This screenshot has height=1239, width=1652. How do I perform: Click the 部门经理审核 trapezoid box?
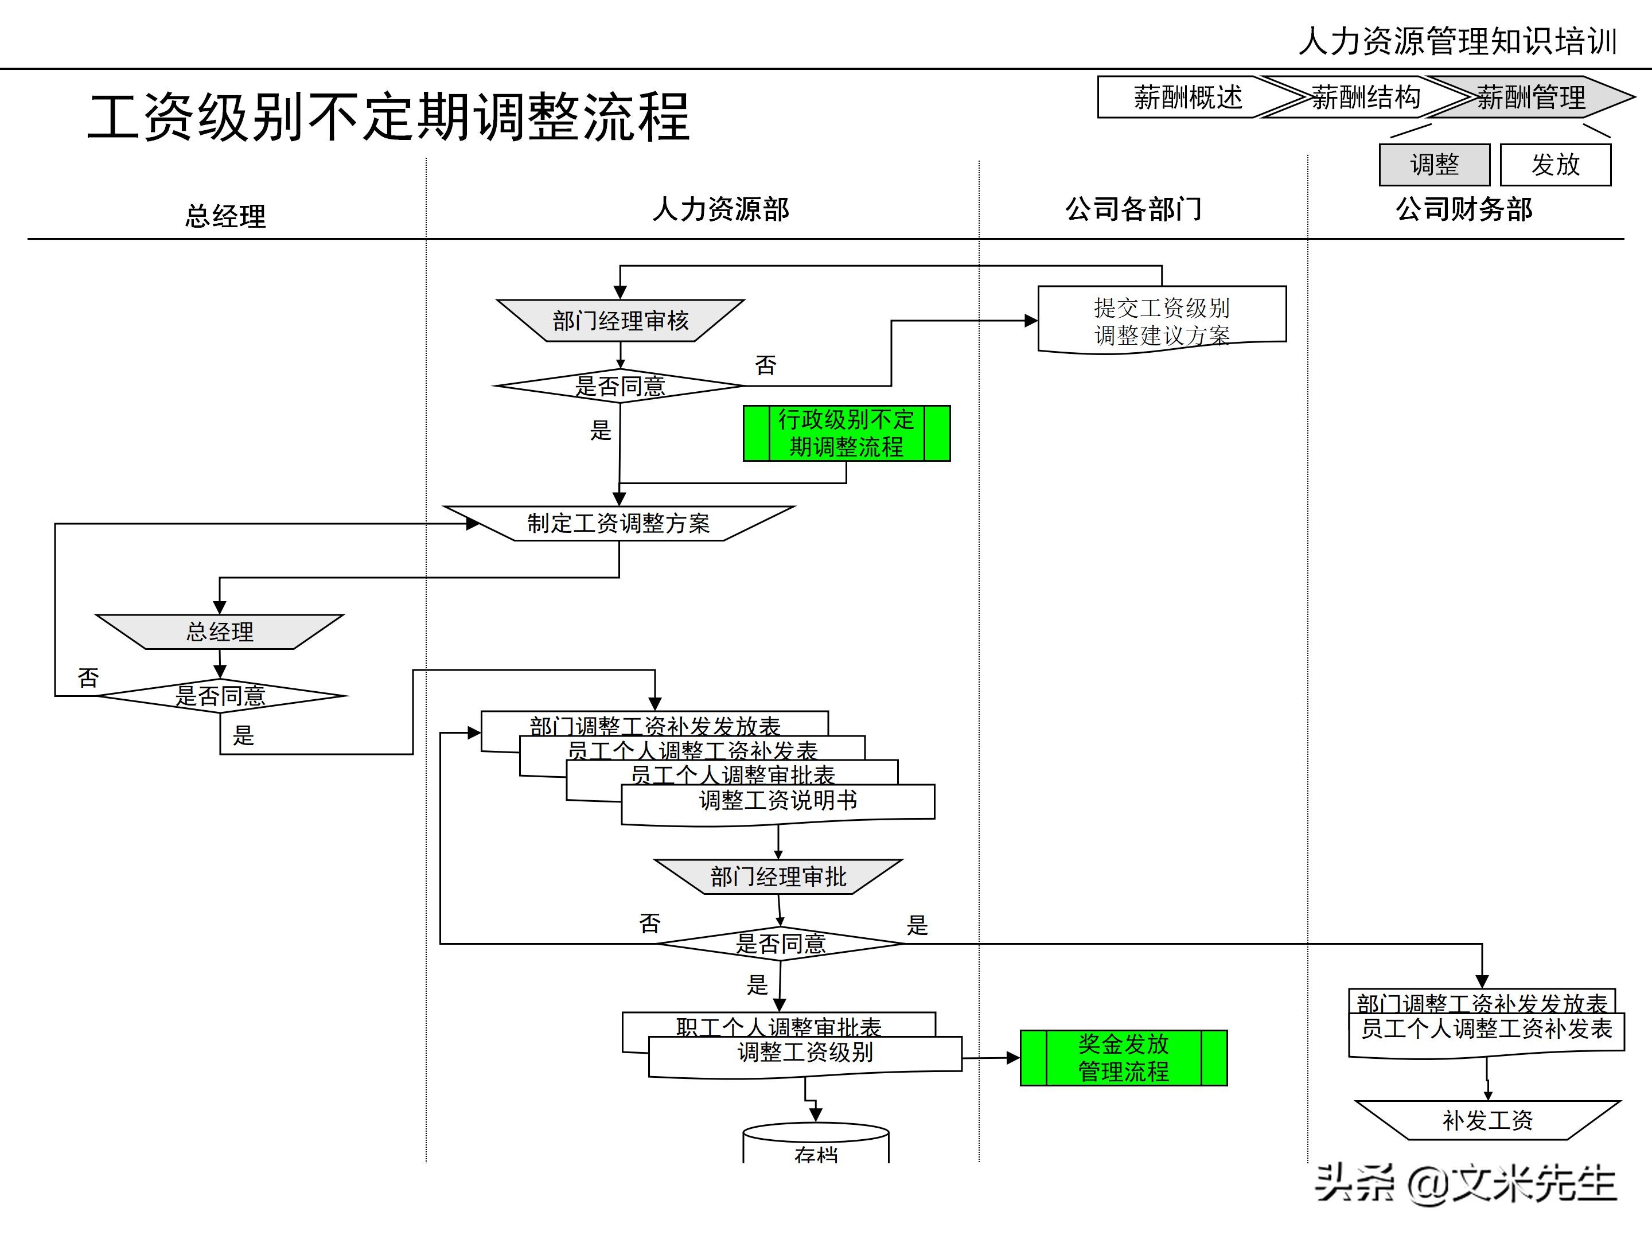coord(620,321)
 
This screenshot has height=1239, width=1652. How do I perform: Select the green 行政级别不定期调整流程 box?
coord(846,433)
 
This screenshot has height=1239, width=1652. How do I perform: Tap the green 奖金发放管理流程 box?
coord(1123,1058)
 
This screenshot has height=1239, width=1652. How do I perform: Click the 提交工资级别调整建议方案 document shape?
coord(1162,320)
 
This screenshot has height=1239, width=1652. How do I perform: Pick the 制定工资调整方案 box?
coord(618,523)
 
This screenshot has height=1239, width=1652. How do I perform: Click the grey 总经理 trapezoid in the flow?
coord(220,632)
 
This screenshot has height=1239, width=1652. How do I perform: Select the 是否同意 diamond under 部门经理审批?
coord(781,943)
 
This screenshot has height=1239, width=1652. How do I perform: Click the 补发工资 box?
coord(1487,1120)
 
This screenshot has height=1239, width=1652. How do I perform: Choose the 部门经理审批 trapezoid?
coord(778,876)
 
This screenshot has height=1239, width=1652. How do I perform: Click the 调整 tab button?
coord(1434,164)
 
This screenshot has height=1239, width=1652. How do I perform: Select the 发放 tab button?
coord(1556,164)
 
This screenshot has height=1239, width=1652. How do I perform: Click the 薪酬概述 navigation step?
coord(1187,97)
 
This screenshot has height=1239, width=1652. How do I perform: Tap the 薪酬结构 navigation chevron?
coord(1365,97)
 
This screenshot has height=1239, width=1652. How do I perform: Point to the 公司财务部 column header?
coord(1464,209)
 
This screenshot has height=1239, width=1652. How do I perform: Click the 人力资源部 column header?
coord(720,209)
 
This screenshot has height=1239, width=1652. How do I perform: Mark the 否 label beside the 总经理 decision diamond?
coord(88,677)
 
